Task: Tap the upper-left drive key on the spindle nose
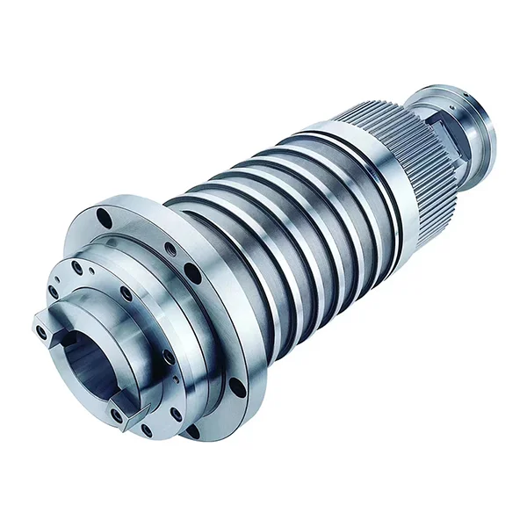pyautogui.click(x=48, y=326)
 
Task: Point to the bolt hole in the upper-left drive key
pyautogui.click(x=41, y=331)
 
